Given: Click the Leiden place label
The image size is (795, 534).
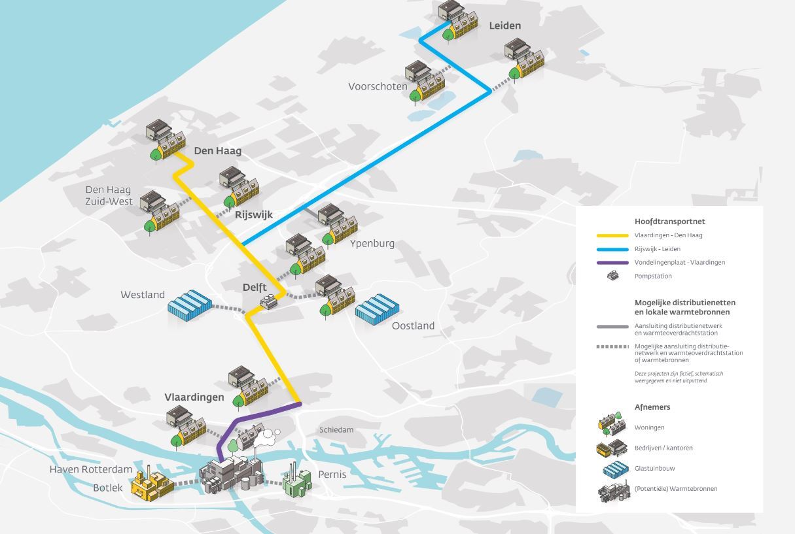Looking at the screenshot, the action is point(505,25).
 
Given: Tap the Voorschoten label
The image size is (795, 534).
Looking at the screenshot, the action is point(378,86).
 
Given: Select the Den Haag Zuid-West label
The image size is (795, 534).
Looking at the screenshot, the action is point(109,195).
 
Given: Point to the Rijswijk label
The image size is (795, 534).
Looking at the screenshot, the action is point(254,215).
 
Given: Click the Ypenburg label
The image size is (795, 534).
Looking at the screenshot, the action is point(372,244).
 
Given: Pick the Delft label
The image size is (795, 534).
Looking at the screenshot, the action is point(255,287).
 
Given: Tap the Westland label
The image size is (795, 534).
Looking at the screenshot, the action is point(143,295).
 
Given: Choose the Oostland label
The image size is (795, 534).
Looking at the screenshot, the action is point(413,326).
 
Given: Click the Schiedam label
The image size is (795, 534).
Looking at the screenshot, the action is point(336,430).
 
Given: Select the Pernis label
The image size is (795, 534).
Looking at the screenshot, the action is point(332,475).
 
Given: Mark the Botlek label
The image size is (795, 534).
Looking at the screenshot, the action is point(108,488).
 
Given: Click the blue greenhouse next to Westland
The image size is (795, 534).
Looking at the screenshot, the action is point(190,305).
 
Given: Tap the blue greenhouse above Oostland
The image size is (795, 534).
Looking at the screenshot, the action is point(377,309).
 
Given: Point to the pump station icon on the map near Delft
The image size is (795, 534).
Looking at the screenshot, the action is point(269,302).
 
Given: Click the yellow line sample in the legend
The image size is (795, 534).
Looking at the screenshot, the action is point(612,235).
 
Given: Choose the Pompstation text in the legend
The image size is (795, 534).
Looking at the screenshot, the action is point(653,276).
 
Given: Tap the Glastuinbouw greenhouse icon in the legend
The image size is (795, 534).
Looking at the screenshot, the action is point(616,469).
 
